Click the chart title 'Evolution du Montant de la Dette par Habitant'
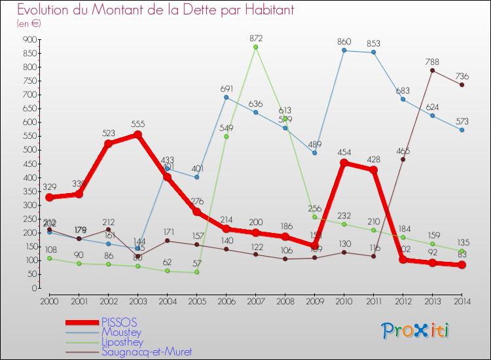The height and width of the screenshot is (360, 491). (155, 10)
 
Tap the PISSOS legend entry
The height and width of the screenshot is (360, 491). (119, 323)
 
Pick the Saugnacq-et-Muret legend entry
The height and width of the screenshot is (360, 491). (147, 352)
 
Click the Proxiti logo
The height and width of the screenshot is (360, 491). (416, 330)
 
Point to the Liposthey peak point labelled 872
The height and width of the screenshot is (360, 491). (255, 47)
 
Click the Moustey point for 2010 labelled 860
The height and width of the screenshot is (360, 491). (344, 50)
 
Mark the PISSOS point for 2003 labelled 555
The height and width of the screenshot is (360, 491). (137, 135)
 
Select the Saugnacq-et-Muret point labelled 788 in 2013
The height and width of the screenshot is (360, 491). (433, 70)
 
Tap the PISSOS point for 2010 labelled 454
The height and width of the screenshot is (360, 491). (344, 163)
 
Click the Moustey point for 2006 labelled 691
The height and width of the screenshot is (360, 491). (226, 98)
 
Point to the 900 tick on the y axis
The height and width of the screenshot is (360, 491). (29, 40)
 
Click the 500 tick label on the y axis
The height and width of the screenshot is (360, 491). (29, 150)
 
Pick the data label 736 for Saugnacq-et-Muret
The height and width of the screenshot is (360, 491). (462, 76)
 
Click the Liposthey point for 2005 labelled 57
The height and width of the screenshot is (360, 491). (196, 272)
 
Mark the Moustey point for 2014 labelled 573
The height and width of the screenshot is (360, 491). (462, 130)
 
